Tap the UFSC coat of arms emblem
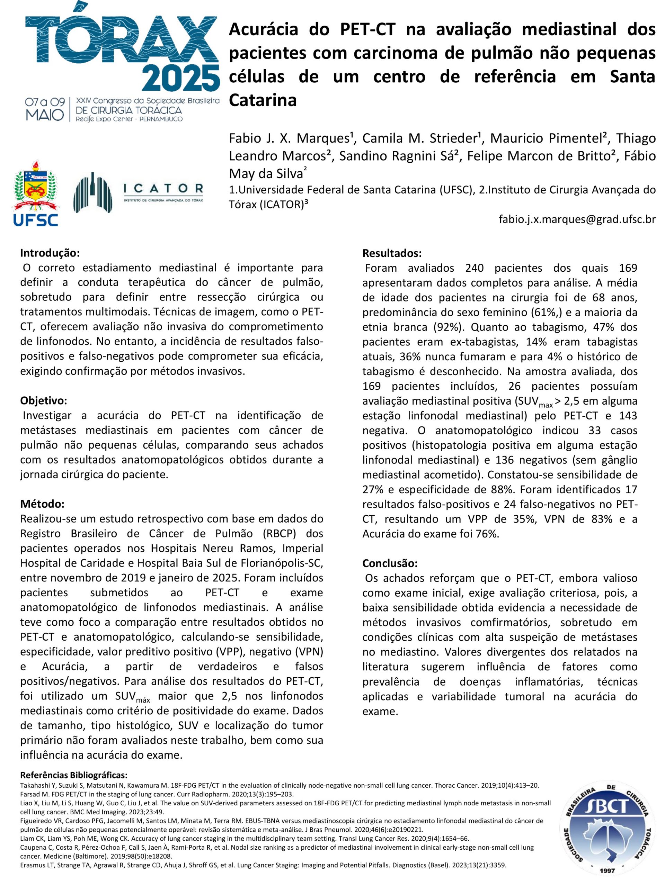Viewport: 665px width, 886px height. pos(35,186)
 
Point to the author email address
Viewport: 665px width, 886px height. pos(577,219)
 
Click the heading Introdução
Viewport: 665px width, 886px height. pos(50,253)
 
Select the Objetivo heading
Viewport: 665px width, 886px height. pos(44,401)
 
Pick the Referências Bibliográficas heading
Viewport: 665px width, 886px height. pos(74,775)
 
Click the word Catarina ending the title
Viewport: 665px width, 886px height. pos(263,100)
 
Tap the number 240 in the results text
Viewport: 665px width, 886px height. pos(474,268)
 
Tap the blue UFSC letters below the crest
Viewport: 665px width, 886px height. pos(35,220)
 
